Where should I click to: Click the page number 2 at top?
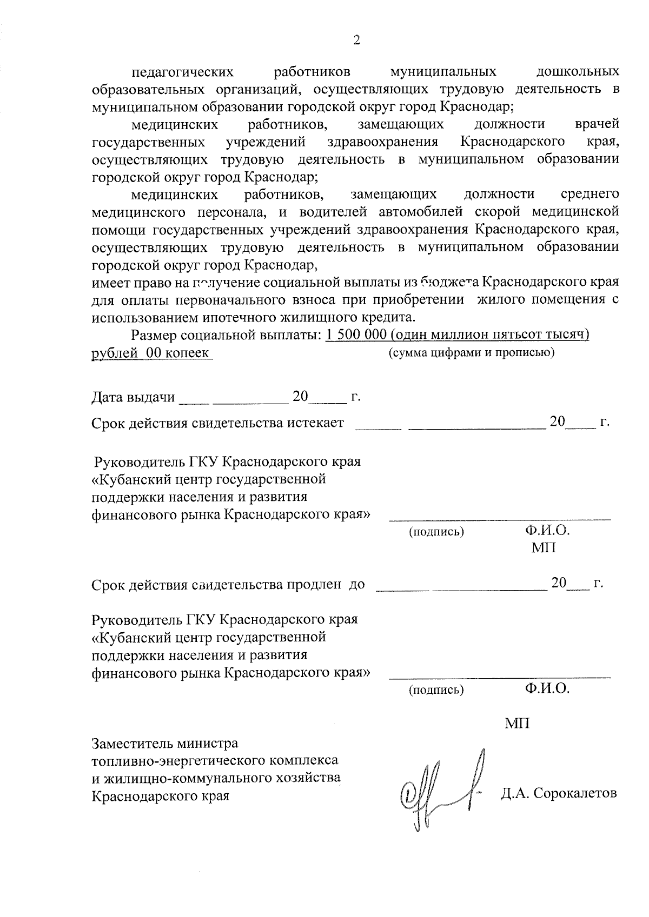356,41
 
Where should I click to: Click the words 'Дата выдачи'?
133,398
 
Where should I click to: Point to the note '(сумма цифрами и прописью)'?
471,353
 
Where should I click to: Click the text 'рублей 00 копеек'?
151,353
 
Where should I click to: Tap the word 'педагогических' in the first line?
183,72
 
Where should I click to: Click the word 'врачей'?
598,125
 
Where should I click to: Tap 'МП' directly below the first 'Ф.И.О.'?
543,548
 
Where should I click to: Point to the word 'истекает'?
315,423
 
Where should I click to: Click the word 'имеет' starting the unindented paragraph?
107,282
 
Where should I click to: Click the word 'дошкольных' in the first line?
578,72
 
